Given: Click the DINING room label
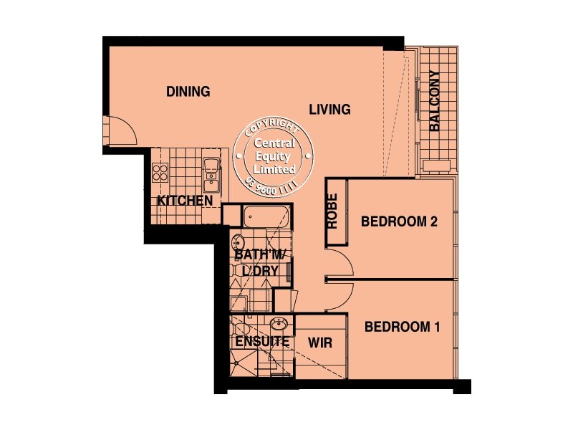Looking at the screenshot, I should pos(188,92).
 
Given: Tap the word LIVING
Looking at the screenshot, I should pos(329,110).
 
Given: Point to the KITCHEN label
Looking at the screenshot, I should pos(185,201).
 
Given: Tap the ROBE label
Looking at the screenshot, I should pos(333,212).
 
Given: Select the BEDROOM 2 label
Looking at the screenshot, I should pos(399,221).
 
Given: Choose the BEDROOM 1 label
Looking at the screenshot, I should pos(402,328).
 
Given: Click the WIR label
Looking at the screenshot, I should pos(320,343).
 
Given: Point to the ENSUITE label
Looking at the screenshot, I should pos(262,342).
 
